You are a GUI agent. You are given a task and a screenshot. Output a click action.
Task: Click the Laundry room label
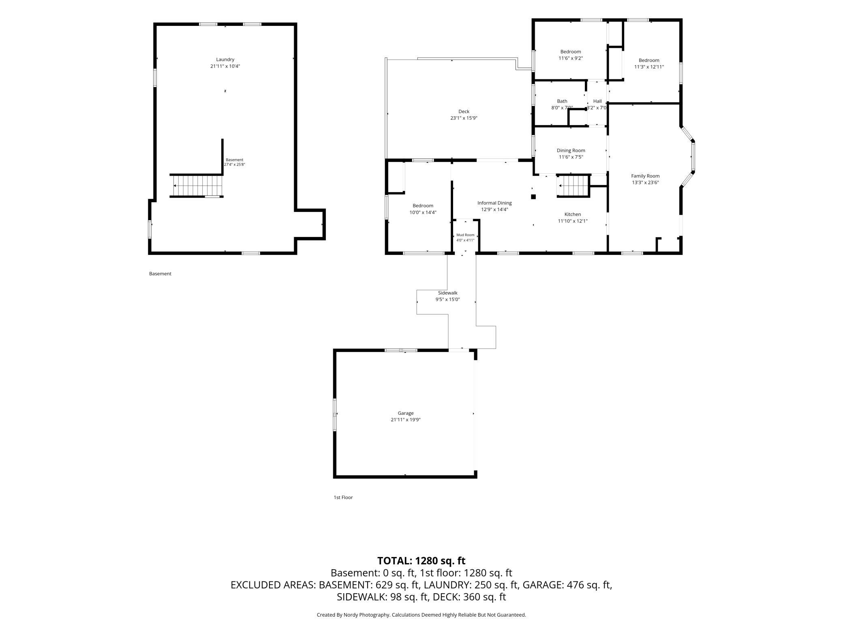coord(225,60)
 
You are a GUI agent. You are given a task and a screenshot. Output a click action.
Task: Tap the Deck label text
coord(464,111)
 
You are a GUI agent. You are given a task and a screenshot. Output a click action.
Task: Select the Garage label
coord(405,413)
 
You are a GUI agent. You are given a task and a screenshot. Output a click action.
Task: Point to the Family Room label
coord(645,176)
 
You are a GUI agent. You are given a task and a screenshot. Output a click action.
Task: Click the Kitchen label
coord(573,214)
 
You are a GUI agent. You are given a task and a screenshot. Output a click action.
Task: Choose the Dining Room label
coord(571,151)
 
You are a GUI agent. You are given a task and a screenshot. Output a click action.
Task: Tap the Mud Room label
coord(465,235)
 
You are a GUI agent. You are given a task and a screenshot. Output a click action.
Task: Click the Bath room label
coord(562,101)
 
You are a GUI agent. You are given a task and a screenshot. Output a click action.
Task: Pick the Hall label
coord(597,101)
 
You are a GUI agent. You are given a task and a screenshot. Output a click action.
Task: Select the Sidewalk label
coord(447,293)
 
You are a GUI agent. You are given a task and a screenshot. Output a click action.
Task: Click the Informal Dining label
coord(494,203)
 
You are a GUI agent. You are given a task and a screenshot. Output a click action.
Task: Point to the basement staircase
coord(197,186)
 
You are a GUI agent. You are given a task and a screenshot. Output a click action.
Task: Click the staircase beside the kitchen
coord(573,186)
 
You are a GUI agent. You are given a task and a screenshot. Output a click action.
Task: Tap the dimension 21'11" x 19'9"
coord(405,420)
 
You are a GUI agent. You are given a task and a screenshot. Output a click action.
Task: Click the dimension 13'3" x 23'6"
coord(645,183)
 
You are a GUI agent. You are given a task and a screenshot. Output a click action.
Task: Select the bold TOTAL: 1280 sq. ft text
coord(421,561)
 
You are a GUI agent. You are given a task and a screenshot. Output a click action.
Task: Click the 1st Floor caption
coord(343,497)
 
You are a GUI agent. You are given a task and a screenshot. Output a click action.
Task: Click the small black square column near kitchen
coord(533,197)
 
